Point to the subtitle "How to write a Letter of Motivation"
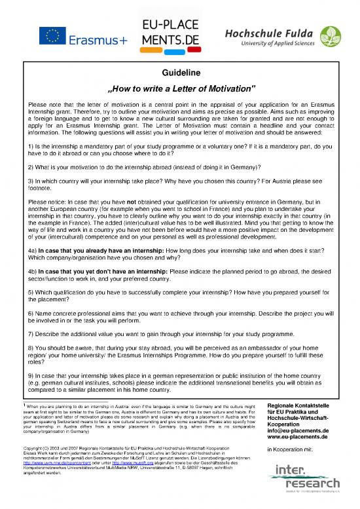[180, 88]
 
